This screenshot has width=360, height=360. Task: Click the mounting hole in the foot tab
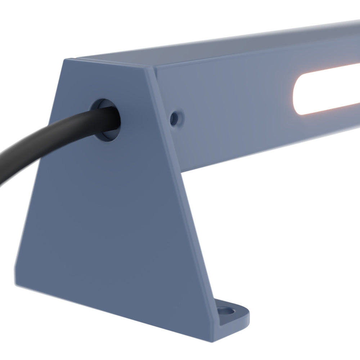(x=226, y=310)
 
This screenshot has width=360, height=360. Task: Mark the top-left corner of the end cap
(x=65, y=60)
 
